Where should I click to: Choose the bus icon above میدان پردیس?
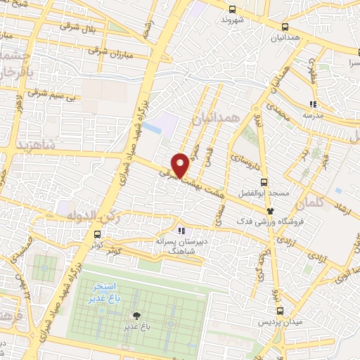click(280, 310)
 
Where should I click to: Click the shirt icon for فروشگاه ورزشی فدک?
click(269, 211)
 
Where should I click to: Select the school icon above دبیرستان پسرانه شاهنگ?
click(181, 230)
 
